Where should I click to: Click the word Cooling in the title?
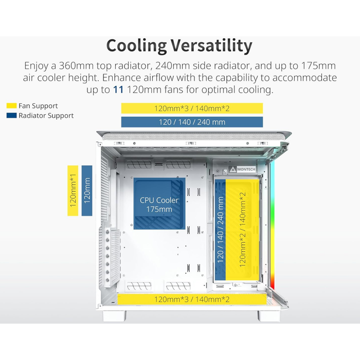pos(137,46)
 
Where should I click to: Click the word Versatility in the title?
pos(211,45)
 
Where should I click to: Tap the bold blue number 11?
pos(118,89)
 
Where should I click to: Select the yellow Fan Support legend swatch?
pos(11,105)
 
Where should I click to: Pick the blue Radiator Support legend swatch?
pos(11,115)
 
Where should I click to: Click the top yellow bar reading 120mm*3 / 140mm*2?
pos(192,108)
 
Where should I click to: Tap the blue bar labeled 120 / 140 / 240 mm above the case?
pos(192,122)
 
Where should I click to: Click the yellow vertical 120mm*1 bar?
pos(73,191)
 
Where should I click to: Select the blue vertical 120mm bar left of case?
pos(87,191)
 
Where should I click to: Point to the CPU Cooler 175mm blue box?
pos(159,204)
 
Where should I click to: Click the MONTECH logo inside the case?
pos(242,169)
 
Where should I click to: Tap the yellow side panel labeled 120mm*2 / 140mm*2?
pos(242,229)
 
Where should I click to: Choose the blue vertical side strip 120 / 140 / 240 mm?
pos(220,229)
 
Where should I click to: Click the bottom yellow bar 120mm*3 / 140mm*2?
pos(192,299)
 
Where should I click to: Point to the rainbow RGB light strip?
pos(272,225)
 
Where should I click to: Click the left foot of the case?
pos(114,316)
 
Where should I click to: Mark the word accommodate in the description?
pos(304,78)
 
